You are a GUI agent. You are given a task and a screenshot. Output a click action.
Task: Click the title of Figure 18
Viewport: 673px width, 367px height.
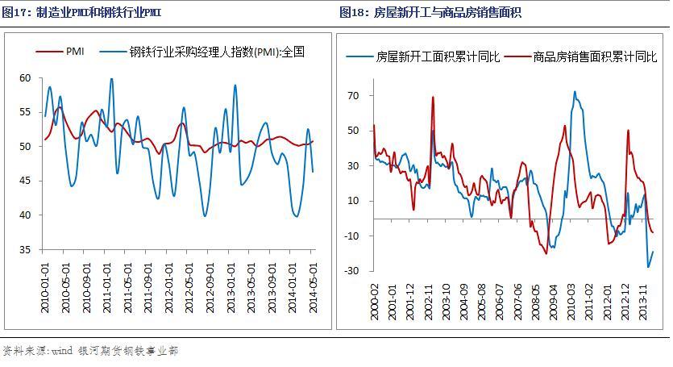[x=431, y=13]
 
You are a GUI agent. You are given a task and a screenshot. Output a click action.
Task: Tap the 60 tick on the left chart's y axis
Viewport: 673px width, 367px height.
[x=26, y=77]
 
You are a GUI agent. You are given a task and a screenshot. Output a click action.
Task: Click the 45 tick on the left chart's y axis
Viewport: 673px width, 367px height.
[x=26, y=181]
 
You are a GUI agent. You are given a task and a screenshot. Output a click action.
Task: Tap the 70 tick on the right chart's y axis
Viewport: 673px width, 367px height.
[x=354, y=95]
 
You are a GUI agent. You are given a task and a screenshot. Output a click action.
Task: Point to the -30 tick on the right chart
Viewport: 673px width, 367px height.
[x=352, y=270]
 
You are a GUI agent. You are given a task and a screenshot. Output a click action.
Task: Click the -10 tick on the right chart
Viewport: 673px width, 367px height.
[x=352, y=236]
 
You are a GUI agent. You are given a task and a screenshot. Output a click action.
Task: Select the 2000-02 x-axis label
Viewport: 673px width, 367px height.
[x=375, y=300]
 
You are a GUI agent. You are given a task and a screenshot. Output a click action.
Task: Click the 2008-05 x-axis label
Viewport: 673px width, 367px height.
[x=536, y=300]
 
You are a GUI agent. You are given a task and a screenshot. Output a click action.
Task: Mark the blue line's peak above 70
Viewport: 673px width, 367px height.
[x=575, y=91]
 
